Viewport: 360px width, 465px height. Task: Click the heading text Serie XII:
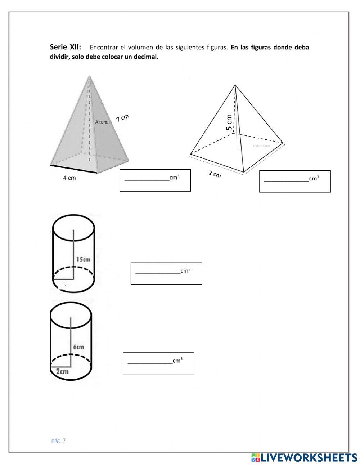tap(65, 47)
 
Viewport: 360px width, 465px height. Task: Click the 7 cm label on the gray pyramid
tap(122, 118)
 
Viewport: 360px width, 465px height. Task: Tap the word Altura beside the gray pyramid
tap(102, 122)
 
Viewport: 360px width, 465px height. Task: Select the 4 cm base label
tap(69, 178)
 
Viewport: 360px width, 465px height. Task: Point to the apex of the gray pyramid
tap(89, 76)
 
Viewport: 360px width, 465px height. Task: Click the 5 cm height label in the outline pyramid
tap(229, 122)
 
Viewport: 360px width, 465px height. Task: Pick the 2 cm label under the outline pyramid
tap(215, 174)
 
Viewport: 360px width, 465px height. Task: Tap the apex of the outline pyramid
tap(235, 85)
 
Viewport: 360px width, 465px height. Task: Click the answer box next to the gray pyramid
tap(155, 180)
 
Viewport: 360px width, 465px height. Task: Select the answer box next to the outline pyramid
tap(295, 181)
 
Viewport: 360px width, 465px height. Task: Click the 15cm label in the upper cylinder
tap(83, 259)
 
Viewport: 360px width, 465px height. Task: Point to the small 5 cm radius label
tap(66, 285)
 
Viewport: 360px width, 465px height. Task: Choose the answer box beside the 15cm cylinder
tap(166, 273)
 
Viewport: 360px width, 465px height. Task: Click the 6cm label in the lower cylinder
tap(78, 347)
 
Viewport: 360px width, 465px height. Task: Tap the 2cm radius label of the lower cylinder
tap(62, 371)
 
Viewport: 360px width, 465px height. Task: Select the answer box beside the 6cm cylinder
tap(158, 363)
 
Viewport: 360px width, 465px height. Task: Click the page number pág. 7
tap(59, 440)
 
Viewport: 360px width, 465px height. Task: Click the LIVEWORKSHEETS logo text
tap(309, 457)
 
